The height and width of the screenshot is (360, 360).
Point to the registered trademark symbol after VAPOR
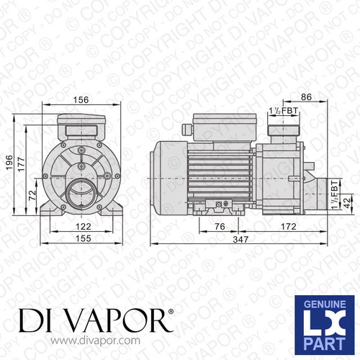pos(171,311)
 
